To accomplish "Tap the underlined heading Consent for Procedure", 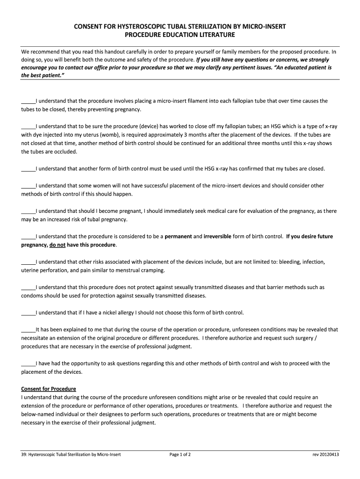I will pos(49,389).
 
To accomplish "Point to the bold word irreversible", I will pos(217,236).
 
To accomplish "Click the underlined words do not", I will pos(58,245).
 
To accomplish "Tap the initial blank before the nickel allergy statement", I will pos(28,312).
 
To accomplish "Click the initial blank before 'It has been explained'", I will pos(28,329).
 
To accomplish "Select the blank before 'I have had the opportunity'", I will pos(28,363).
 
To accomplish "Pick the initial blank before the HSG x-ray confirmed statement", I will pos(28,168).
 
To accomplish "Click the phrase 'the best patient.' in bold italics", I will pos(42,75).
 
